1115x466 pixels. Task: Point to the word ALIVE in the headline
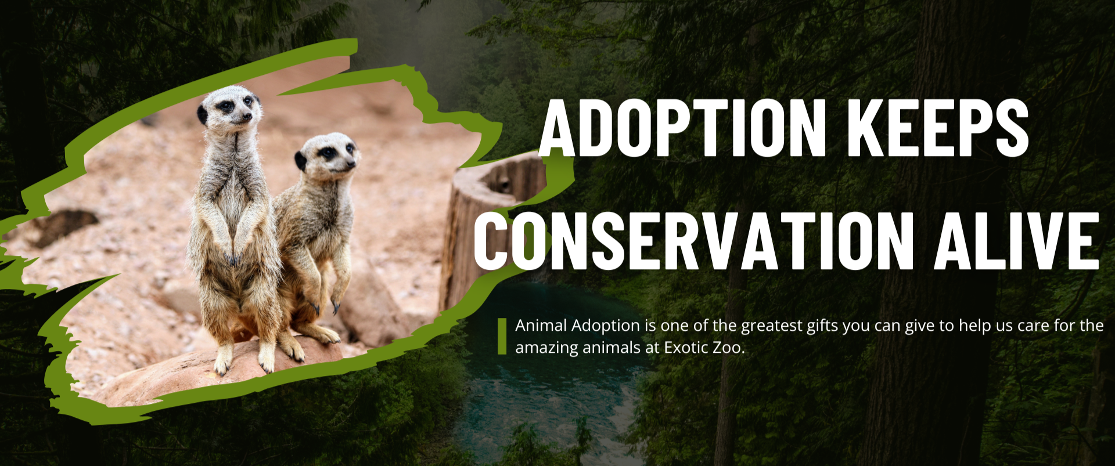click(x=1016, y=241)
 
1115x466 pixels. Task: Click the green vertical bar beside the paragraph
click(x=502, y=336)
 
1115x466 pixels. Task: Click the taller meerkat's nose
click(x=249, y=117)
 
